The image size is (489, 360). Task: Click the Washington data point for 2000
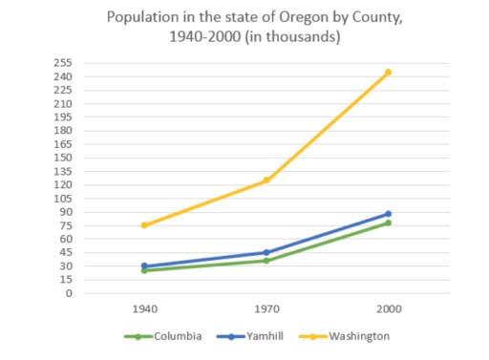388,72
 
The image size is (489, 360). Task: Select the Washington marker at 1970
266,180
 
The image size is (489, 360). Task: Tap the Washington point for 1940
144,225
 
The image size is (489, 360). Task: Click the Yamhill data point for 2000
388,214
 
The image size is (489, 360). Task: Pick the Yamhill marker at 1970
266,253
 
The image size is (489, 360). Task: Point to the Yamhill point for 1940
144,266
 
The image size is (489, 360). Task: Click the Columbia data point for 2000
388,222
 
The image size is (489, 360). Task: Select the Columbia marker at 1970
266,261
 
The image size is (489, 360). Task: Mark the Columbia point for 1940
144,270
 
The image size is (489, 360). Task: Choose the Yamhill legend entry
248,336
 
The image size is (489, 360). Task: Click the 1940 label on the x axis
144,309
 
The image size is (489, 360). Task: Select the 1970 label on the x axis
266,309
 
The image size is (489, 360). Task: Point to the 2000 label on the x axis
388,309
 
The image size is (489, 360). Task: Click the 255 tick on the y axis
63,63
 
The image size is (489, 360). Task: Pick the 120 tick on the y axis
63,185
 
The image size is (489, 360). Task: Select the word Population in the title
141,17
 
